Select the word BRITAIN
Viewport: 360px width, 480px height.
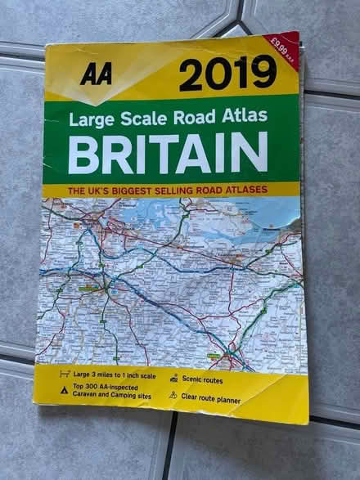pyautogui.click(x=168, y=152)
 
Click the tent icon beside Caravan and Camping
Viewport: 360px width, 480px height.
pyautogui.click(x=63, y=392)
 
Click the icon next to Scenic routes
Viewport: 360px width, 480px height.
pyautogui.click(x=173, y=379)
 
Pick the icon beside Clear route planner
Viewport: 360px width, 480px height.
pyautogui.click(x=173, y=395)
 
